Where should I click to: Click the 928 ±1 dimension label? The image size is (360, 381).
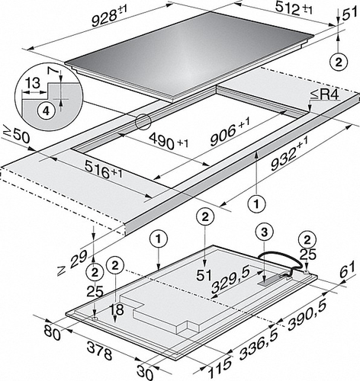click(109, 16)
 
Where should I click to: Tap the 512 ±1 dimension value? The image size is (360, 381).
click(294, 10)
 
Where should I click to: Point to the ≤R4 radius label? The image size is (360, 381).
click(324, 95)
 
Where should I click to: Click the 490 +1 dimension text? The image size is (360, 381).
click(169, 142)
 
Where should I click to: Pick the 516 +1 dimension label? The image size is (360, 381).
click(104, 170)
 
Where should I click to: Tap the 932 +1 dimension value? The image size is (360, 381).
click(289, 153)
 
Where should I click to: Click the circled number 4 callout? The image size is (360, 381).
click(46, 110)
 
